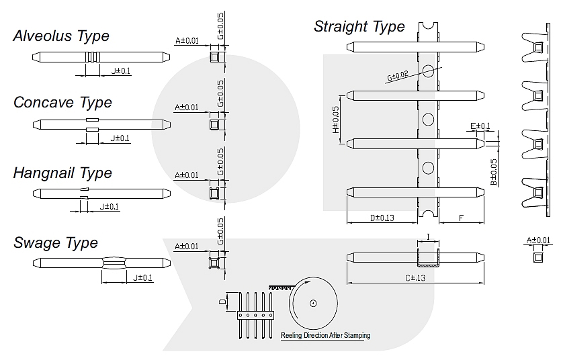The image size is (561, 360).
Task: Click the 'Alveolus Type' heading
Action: point(61,36)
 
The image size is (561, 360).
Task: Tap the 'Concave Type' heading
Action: point(62,103)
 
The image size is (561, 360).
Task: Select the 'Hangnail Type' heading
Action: point(62,173)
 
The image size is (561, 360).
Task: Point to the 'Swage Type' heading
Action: point(56,242)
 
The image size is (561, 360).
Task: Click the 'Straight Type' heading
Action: point(359,26)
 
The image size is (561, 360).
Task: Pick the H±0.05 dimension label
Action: point(336,120)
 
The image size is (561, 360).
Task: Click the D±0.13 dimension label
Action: point(382,218)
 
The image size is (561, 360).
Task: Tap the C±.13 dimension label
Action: point(415,278)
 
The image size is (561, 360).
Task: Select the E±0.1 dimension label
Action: point(480,126)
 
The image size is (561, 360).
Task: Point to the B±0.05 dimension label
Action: point(494,173)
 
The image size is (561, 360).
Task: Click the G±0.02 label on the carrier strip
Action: point(398,76)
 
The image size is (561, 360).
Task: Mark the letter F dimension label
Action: point(461,218)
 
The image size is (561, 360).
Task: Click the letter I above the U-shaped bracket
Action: point(428,236)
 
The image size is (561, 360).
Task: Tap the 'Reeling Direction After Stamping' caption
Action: point(325,335)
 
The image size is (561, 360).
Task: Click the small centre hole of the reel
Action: point(313,304)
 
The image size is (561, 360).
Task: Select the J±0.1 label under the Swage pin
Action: point(142,278)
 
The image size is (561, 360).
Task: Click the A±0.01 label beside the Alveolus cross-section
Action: point(187,41)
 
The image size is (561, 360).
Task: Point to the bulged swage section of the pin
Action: point(114,263)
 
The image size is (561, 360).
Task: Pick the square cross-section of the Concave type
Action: point(214,124)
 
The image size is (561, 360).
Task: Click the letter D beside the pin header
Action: point(222,302)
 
